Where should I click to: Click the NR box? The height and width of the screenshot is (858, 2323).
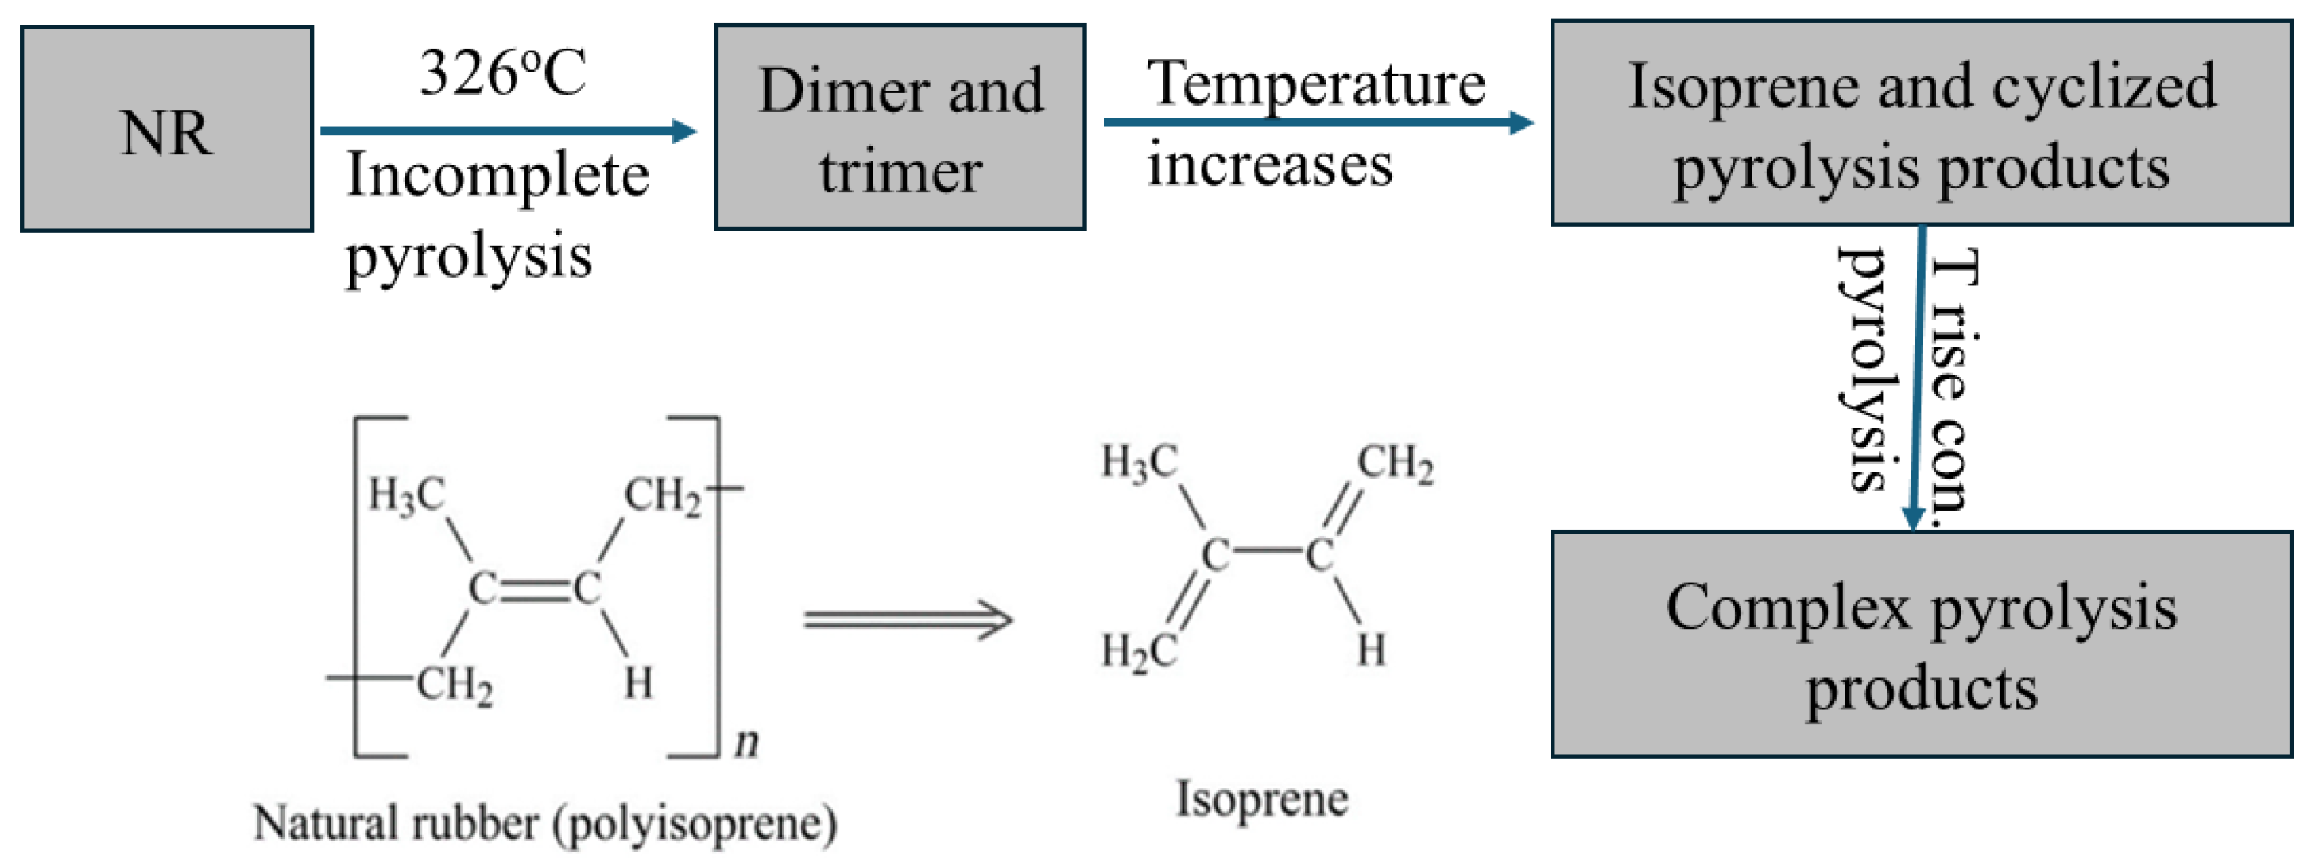tap(167, 129)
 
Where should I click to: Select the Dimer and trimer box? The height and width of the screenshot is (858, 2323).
tap(900, 127)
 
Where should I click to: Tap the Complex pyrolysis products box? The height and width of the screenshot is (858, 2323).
tap(1922, 644)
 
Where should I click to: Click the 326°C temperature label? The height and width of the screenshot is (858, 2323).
tap(503, 72)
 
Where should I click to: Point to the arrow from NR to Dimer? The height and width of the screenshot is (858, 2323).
tap(509, 132)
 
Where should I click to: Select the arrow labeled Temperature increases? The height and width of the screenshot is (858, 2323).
tap(1318, 122)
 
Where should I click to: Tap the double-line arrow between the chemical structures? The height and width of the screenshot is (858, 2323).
tap(908, 621)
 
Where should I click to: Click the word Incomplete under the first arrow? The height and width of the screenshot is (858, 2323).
tap(498, 175)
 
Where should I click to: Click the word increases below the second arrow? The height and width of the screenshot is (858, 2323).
tap(1270, 165)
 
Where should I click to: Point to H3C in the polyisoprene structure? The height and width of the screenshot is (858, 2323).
tap(407, 495)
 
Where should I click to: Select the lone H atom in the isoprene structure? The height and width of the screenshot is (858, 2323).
tap(1371, 650)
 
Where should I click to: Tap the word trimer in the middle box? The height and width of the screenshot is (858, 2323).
tap(901, 172)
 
